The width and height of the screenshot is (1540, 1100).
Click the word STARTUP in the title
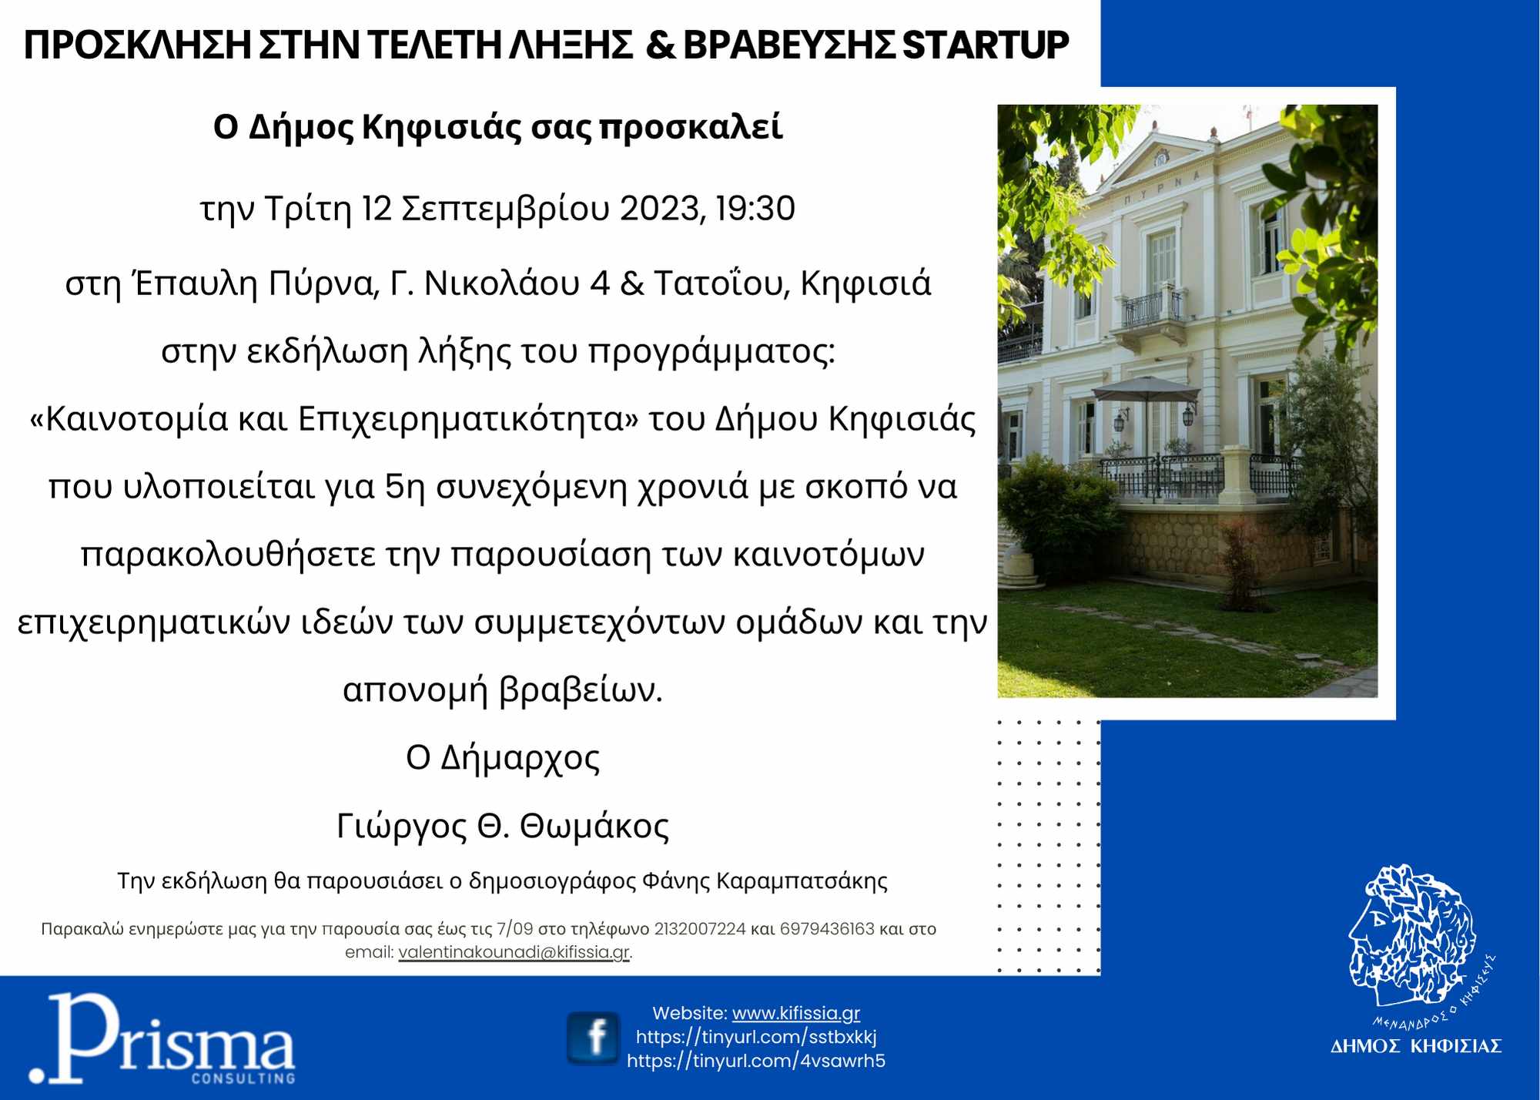(x=986, y=45)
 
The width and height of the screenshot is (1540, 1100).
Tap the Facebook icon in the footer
(x=593, y=1038)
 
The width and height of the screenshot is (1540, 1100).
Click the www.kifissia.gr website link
(x=796, y=1013)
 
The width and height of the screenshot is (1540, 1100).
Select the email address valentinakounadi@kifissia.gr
(x=514, y=952)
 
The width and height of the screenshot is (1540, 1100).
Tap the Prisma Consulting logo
(x=162, y=1038)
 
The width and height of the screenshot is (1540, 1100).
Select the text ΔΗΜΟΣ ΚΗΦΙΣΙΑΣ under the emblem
(x=1416, y=1045)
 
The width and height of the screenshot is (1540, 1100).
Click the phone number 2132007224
(x=700, y=929)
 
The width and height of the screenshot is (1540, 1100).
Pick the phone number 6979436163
(x=827, y=929)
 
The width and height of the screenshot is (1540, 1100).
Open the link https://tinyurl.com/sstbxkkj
(x=756, y=1037)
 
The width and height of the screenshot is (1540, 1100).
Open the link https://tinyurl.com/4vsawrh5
(x=756, y=1061)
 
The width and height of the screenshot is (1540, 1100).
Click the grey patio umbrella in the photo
(x=1145, y=390)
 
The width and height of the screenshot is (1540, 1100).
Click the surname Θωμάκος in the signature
(x=594, y=827)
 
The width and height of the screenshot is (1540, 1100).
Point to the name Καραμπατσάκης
(x=802, y=881)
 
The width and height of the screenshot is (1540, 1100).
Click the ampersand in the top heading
(x=661, y=45)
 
